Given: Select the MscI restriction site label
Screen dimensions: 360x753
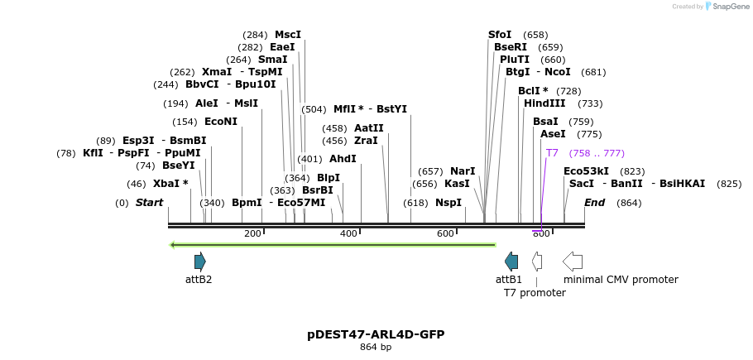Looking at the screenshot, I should click(288, 35).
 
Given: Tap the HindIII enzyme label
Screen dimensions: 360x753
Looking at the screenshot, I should click(544, 103).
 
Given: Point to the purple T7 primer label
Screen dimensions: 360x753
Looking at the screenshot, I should click(552, 153).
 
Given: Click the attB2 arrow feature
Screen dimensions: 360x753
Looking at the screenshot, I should click(199, 262).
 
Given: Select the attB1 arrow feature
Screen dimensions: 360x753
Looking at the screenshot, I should click(511, 262).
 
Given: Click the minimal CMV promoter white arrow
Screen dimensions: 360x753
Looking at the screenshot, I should click(572, 262).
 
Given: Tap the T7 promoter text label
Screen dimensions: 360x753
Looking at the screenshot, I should click(535, 293).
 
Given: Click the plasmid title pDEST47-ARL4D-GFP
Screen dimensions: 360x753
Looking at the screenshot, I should click(376, 334).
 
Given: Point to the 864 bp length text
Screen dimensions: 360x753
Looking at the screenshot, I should click(376, 348).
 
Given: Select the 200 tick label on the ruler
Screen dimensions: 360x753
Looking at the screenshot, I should click(252, 233).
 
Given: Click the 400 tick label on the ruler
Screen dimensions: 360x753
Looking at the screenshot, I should click(348, 233).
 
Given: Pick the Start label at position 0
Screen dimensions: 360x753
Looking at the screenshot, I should click(150, 203).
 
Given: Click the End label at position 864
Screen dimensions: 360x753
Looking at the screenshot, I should click(595, 203).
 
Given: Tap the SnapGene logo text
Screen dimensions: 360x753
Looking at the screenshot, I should click(728, 7).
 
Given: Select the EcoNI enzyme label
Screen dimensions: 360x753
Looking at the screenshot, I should click(221, 122).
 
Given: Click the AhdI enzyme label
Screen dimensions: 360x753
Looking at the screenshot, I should click(343, 159).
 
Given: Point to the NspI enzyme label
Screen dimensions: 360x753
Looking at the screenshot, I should click(448, 203).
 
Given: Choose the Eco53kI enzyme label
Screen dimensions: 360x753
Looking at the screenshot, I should click(586, 171).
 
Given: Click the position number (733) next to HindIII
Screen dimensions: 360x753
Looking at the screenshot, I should click(590, 103).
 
